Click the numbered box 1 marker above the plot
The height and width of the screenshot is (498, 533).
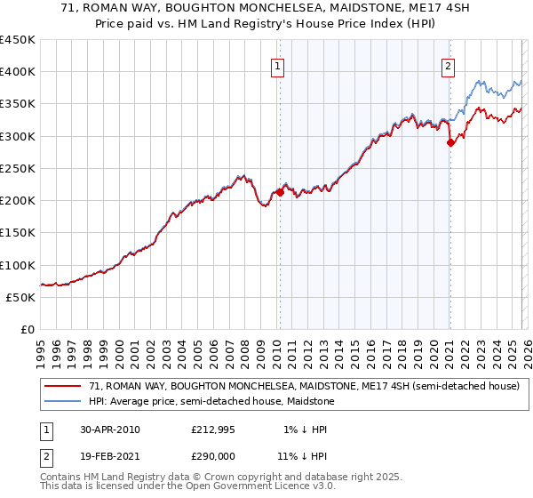(279, 66)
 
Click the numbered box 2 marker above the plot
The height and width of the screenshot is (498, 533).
(449, 66)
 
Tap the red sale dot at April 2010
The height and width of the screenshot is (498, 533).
(280, 191)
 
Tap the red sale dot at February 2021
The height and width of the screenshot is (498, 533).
(450, 142)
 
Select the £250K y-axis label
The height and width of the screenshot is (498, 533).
(18, 168)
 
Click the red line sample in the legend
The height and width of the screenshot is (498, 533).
(62, 386)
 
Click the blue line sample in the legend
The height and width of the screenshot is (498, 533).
(62, 402)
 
